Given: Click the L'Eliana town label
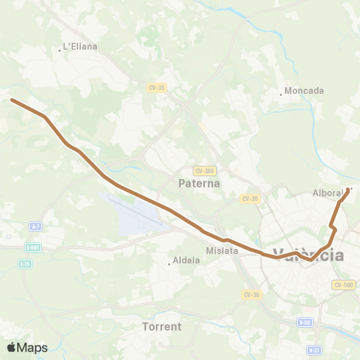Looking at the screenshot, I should click(x=80, y=46).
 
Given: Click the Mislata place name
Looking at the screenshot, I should click(x=221, y=251).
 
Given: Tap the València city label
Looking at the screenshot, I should click(x=308, y=255).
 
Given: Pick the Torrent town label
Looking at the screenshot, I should click(x=162, y=327).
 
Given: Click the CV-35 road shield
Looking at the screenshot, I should click(x=156, y=88).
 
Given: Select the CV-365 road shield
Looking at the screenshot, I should click(x=204, y=170).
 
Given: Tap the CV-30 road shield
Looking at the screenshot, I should click(x=250, y=199).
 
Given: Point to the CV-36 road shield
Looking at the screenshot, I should click(x=252, y=294).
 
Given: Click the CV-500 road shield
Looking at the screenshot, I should click(x=343, y=285).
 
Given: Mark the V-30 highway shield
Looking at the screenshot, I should click(x=304, y=322).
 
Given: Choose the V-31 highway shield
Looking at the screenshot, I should click(x=315, y=350).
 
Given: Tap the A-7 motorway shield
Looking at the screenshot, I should click(x=36, y=226).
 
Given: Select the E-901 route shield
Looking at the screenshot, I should click(x=32, y=247).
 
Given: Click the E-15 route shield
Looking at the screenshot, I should click(x=26, y=264).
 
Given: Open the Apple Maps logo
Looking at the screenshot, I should click(x=27, y=347).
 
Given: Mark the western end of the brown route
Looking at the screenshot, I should click(x=11, y=99).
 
